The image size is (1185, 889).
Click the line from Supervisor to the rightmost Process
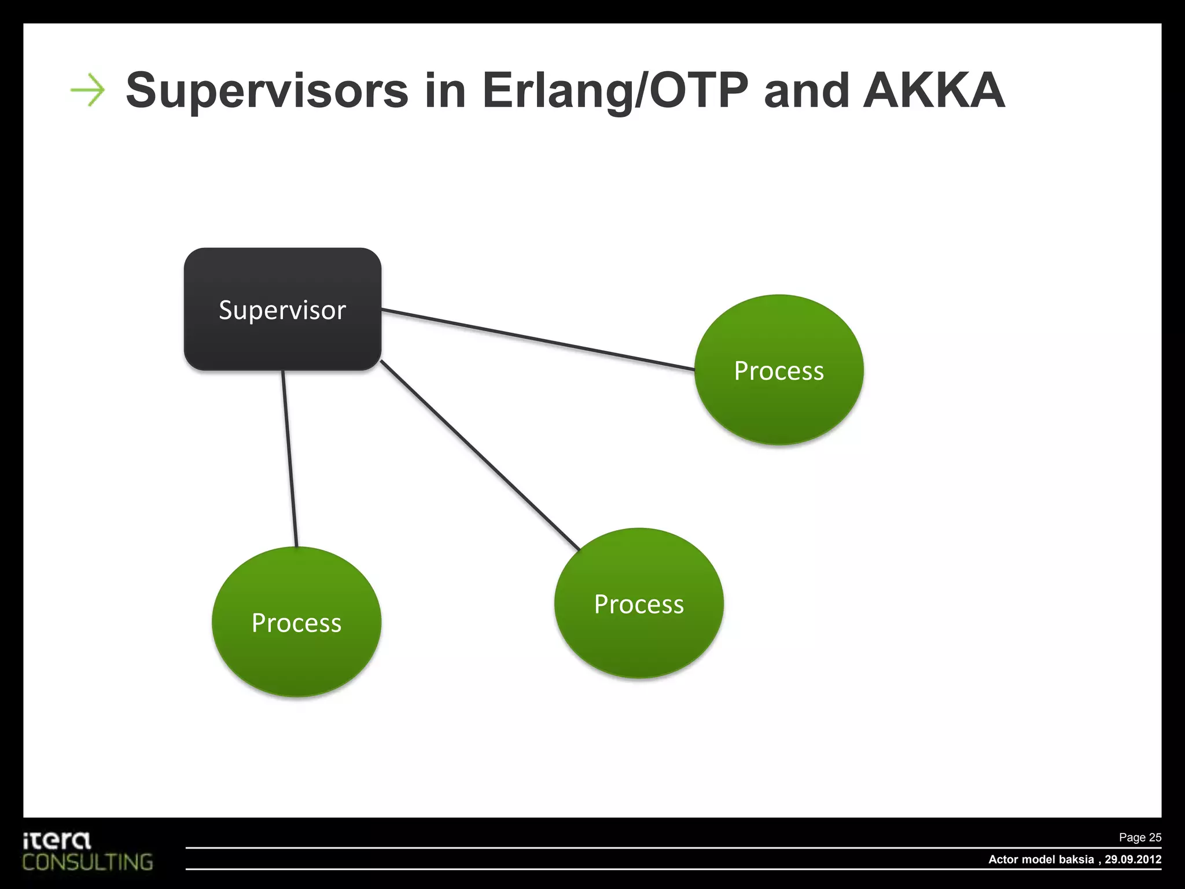pos(538,340)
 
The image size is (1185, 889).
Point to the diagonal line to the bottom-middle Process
pos(480,455)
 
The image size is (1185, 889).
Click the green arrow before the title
pos(88,90)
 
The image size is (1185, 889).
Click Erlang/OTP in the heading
pos(615,91)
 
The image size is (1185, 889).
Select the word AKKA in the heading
pos(933,91)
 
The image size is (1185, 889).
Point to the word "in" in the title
pos(445,91)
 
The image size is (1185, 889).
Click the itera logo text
pos(57,840)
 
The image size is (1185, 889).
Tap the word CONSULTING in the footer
pos(88,862)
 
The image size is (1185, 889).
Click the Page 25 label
pos(1139,837)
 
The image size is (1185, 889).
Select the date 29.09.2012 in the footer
pos(1132,859)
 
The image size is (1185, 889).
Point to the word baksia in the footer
pos(1076,859)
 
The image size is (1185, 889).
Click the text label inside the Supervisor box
pos(282,310)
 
